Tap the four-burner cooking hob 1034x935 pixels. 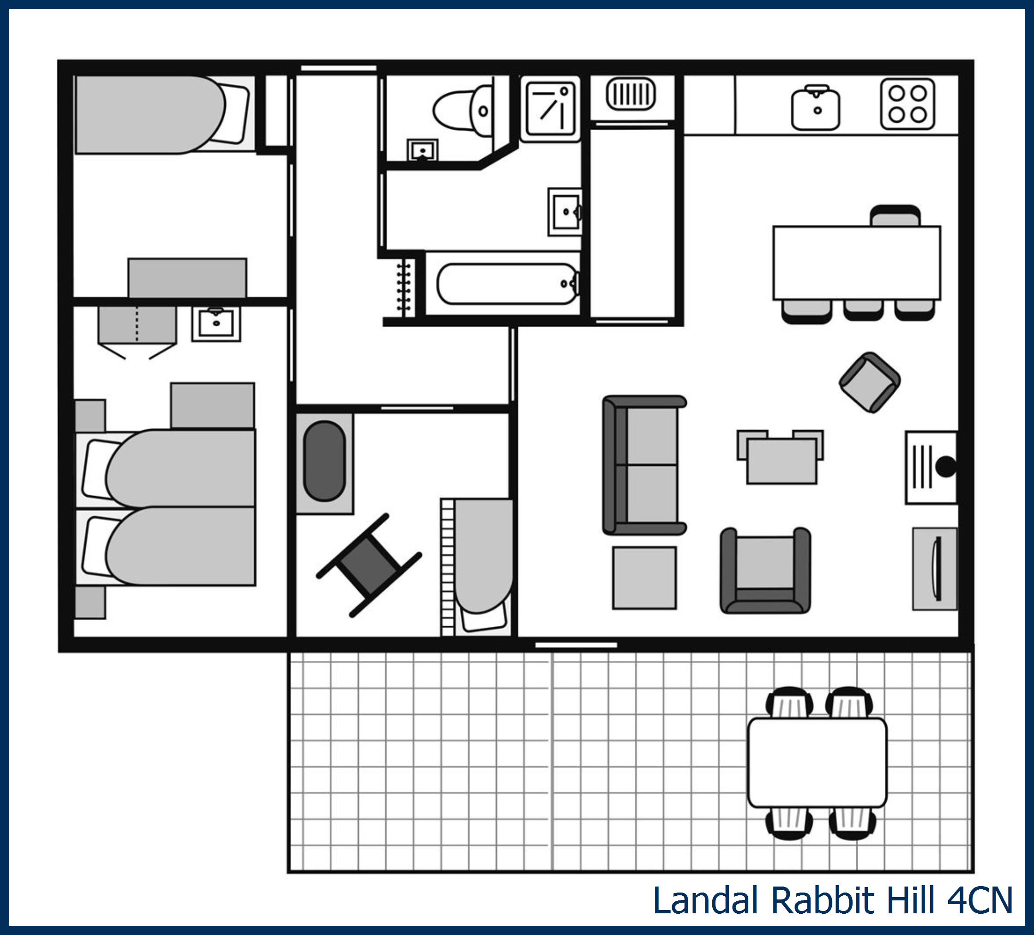pyautogui.click(x=908, y=104)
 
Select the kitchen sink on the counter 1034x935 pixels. pyautogui.click(x=816, y=108)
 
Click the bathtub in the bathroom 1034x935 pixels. pyautogui.click(x=508, y=284)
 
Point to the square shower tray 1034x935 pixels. pyautogui.click(x=550, y=109)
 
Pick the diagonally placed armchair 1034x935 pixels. pyautogui.click(x=870, y=383)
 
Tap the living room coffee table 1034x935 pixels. pyautogui.click(x=781, y=461)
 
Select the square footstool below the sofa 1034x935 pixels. pyautogui.click(x=644, y=578)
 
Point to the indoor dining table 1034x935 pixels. pyautogui.click(x=857, y=263)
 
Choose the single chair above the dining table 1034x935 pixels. pyautogui.click(x=896, y=216)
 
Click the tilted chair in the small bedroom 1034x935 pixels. pyautogui.click(x=369, y=565)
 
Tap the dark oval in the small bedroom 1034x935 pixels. pyautogui.click(x=324, y=461)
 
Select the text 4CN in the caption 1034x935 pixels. pyautogui.click(x=980, y=901)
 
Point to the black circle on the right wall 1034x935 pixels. pyautogui.click(x=946, y=467)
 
